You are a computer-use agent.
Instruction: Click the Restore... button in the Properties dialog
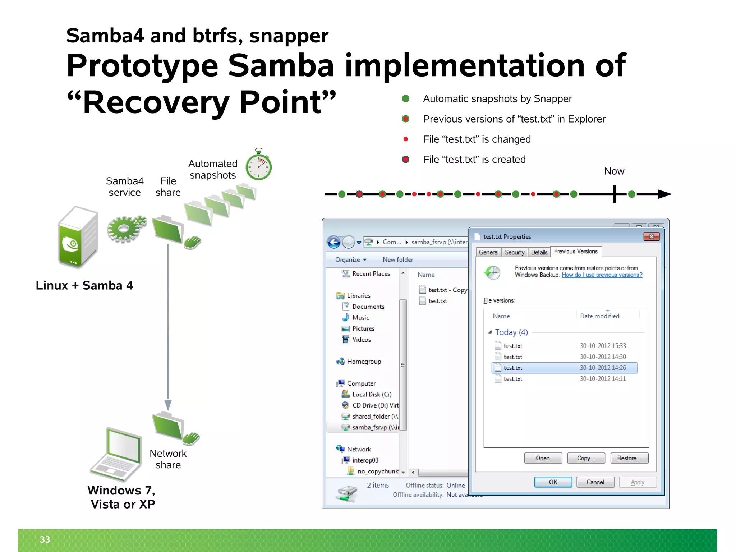(x=629, y=458)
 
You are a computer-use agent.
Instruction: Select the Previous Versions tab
(x=575, y=252)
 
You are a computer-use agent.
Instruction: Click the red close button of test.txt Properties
(x=651, y=236)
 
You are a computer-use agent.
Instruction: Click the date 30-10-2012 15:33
(x=603, y=346)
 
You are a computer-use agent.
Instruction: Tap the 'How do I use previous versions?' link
(x=602, y=275)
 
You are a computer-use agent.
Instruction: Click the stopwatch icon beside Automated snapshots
(x=258, y=166)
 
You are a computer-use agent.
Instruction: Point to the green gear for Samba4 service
(x=125, y=229)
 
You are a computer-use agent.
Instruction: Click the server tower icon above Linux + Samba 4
(x=78, y=237)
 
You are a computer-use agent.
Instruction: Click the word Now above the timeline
(x=614, y=171)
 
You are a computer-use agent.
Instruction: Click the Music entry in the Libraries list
(x=360, y=318)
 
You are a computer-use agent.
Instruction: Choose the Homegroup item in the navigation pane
(x=364, y=362)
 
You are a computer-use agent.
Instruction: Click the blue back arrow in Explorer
(x=334, y=242)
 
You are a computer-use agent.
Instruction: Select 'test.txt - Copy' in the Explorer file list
(x=447, y=290)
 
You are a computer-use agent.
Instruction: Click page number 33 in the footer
(x=45, y=539)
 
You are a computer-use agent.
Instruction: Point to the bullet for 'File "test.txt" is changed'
(x=406, y=139)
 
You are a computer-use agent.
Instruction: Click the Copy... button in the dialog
(x=586, y=458)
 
